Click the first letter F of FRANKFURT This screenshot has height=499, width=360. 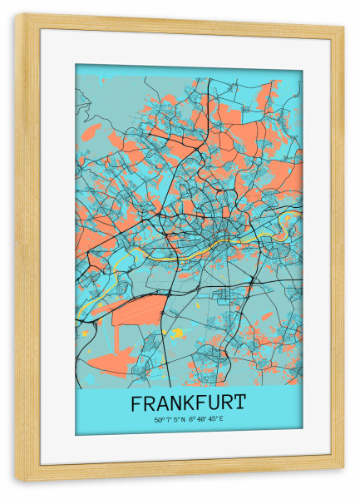point(136,403)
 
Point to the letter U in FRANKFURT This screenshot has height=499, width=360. point(215,403)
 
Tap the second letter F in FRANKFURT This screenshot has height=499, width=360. point(202,403)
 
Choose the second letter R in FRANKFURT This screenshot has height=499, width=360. point(228,403)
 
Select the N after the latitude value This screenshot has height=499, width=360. point(184,419)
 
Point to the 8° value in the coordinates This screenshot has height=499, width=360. point(192,419)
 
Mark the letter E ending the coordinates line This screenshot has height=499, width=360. point(222,419)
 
